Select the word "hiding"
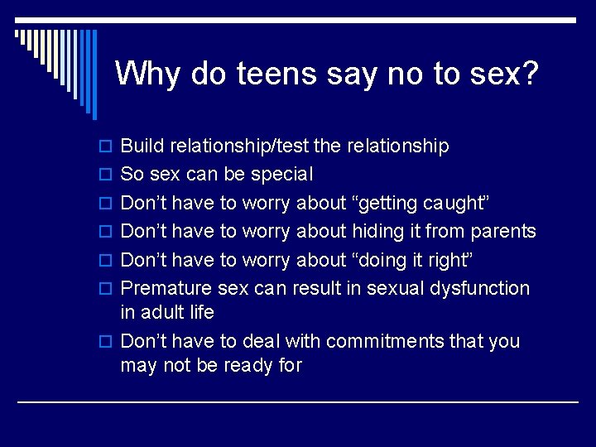click(x=377, y=232)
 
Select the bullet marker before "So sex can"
click(x=104, y=175)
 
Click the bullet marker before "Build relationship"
click(x=104, y=147)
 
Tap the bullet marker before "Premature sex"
click(x=104, y=289)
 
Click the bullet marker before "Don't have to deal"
click(x=104, y=342)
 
